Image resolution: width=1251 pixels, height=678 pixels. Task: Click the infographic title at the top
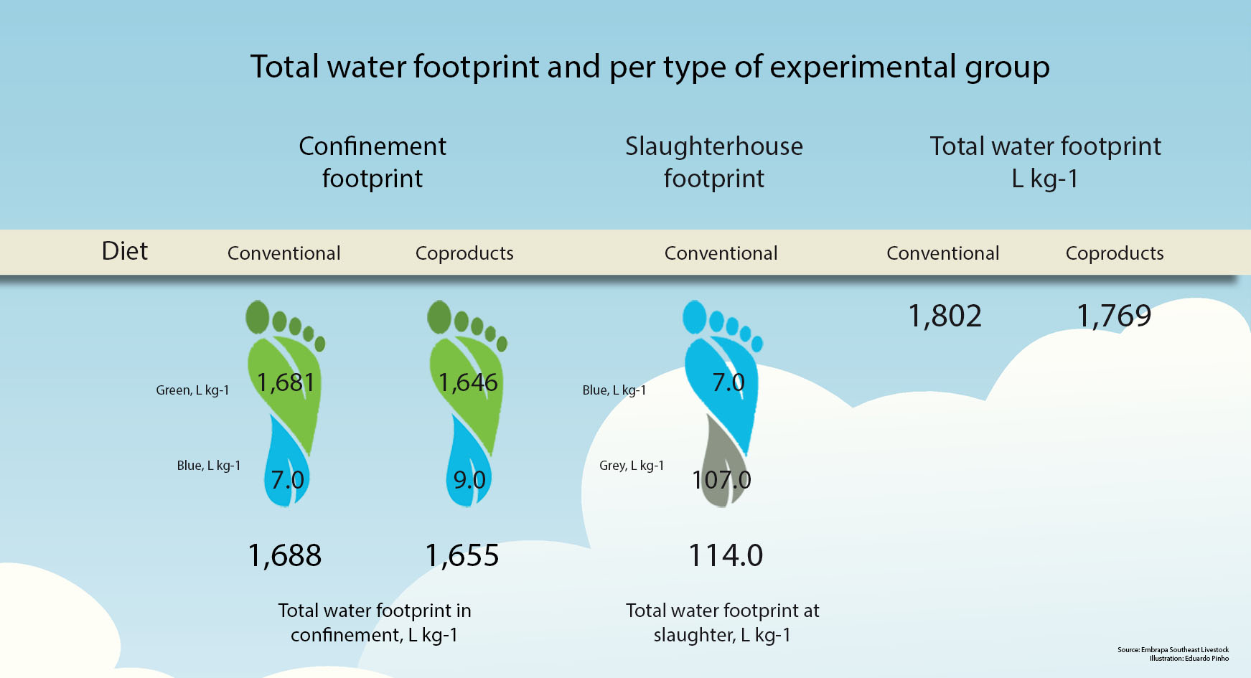pos(650,67)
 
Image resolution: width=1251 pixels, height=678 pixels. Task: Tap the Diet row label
pos(125,251)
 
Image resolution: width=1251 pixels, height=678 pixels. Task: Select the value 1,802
pos(945,316)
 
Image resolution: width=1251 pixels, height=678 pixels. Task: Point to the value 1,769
pos(1114,316)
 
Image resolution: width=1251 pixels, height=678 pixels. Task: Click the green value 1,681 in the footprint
pos(286,382)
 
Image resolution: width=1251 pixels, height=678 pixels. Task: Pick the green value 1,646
pos(468,382)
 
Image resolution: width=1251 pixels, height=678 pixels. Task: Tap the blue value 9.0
pos(469,479)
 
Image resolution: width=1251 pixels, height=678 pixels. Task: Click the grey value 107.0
pos(721,479)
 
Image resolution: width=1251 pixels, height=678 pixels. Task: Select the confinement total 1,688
pos(285,555)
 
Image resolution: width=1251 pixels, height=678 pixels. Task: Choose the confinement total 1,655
pos(462,555)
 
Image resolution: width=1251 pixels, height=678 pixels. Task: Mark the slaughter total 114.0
pos(726,555)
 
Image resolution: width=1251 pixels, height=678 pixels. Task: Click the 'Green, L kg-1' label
pos(192,390)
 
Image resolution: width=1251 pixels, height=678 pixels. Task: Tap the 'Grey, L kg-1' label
pos(632,466)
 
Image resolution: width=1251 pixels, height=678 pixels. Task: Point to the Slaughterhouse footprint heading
pos(714,162)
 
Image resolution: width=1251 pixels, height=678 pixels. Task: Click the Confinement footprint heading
pos(373,162)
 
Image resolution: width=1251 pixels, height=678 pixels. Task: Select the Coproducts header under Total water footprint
pos(1115,253)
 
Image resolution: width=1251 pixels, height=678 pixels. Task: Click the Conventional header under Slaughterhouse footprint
pos(721,253)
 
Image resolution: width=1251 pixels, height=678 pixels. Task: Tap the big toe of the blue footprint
pos(695,317)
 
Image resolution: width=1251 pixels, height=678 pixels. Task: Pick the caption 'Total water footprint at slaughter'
pos(723,623)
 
